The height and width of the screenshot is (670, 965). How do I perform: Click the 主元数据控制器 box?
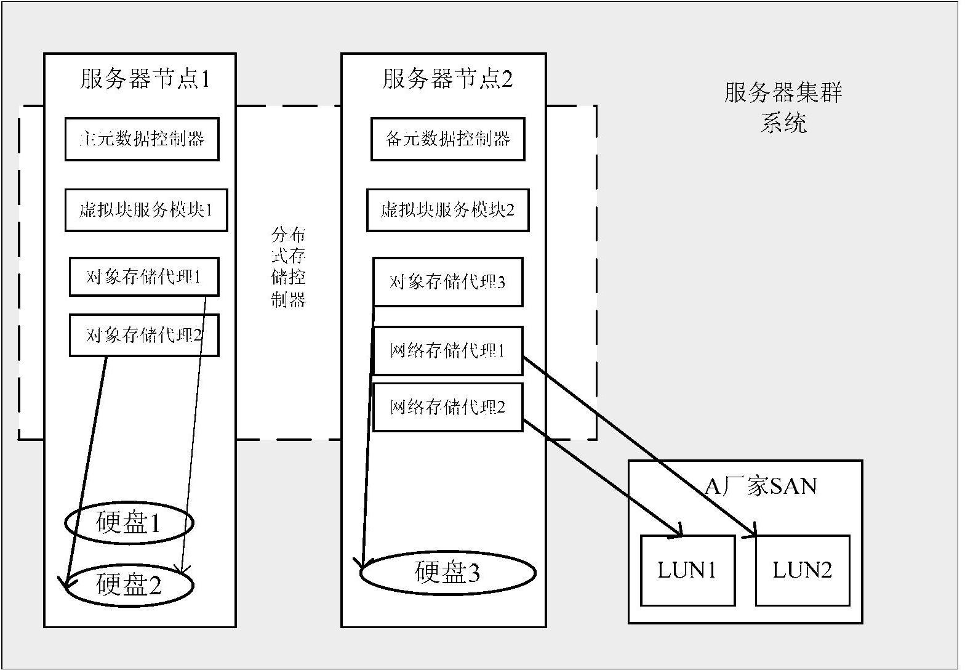[142, 139]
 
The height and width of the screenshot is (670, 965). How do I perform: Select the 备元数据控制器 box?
[447, 139]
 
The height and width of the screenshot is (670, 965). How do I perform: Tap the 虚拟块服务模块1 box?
[146, 210]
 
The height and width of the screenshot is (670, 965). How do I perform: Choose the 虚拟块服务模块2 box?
[447, 210]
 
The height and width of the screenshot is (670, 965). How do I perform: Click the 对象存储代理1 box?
[143, 277]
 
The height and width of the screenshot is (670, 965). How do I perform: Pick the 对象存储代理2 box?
[143, 335]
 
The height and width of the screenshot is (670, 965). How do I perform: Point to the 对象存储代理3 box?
[447, 282]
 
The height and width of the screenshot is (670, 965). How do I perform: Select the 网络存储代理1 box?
[447, 351]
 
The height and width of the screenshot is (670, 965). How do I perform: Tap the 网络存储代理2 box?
[447, 407]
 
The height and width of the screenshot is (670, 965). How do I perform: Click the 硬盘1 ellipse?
[129, 523]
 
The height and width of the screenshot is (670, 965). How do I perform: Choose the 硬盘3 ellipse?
[447, 573]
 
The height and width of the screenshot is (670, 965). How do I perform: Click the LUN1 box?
[687, 570]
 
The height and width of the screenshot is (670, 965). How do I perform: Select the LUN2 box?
[803, 570]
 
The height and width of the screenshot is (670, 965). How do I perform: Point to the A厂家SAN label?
[761, 486]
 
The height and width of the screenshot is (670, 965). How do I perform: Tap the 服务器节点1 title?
[145, 79]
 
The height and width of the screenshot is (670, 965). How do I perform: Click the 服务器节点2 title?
[447, 79]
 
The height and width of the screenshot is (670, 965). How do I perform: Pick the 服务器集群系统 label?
[783, 108]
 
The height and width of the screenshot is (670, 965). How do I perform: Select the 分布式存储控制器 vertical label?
[289, 267]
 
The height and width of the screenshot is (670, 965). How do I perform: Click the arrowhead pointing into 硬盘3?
[360, 564]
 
